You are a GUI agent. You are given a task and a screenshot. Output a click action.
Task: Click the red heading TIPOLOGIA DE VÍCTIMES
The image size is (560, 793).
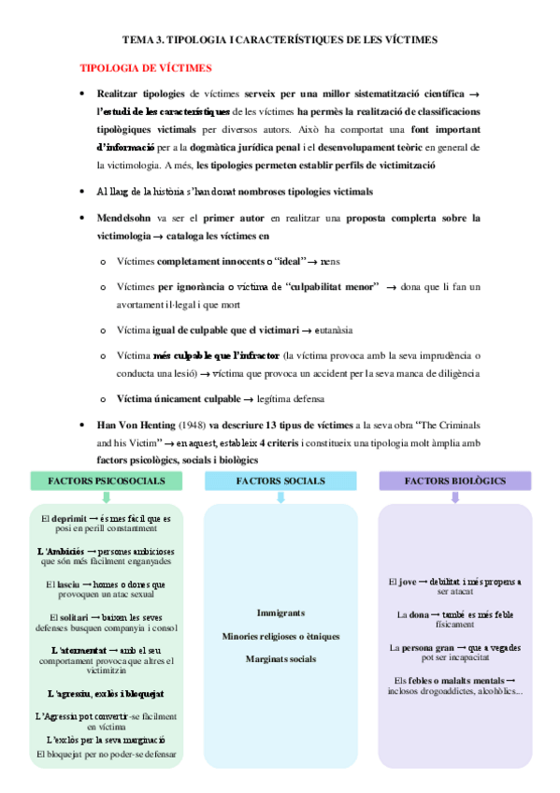pyautogui.click(x=147, y=68)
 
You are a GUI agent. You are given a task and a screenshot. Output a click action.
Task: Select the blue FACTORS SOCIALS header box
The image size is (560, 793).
pyautogui.click(x=280, y=481)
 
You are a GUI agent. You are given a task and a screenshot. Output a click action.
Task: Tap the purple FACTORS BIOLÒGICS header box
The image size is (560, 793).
pyautogui.click(x=454, y=481)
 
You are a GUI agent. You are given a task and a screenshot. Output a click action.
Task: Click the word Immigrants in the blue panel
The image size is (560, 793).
pyautogui.click(x=280, y=613)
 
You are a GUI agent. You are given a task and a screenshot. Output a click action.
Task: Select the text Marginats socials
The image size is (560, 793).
pyautogui.click(x=280, y=658)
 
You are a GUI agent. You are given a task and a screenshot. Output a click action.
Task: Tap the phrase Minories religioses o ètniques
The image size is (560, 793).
pyautogui.click(x=280, y=636)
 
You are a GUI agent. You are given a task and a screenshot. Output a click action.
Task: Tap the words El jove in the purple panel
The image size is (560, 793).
pyautogui.click(x=404, y=582)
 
